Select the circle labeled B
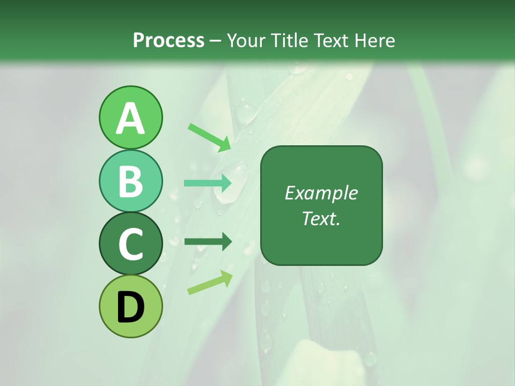(x=130, y=181)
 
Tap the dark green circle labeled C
(x=130, y=244)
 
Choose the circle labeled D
(x=130, y=306)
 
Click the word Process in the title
(x=168, y=40)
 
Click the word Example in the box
(x=321, y=193)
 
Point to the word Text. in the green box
(x=321, y=218)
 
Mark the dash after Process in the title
(x=215, y=41)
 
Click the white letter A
(x=130, y=119)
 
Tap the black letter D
(x=130, y=308)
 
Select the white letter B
(x=130, y=182)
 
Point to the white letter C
(x=130, y=245)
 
